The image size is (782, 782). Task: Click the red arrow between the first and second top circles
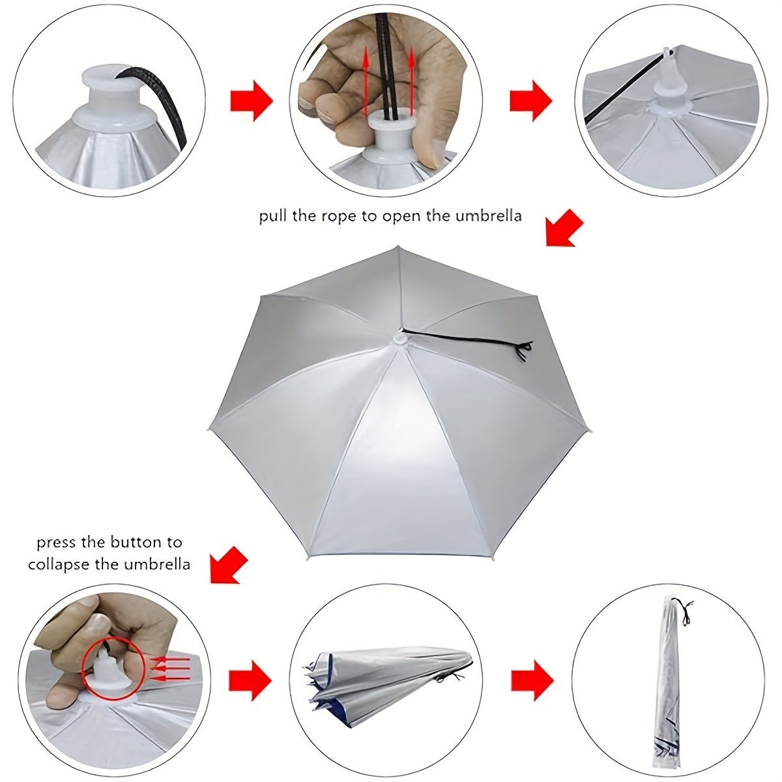[252, 100]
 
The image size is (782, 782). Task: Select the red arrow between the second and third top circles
[530, 100]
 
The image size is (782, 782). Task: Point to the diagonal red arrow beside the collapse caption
[229, 564]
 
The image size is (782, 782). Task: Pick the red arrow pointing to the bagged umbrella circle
[532, 680]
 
